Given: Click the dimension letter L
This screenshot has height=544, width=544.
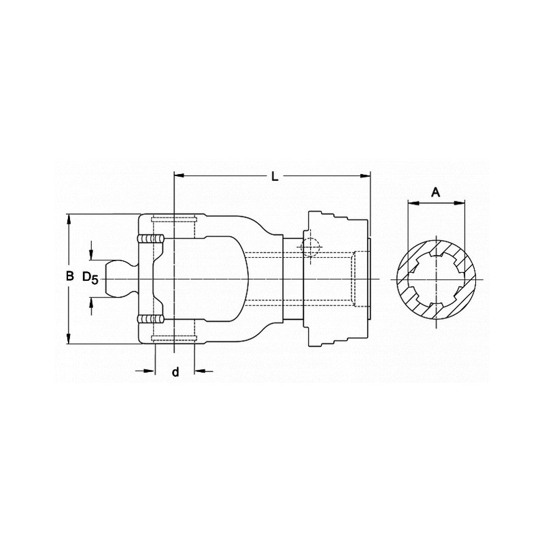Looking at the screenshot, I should [274, 177].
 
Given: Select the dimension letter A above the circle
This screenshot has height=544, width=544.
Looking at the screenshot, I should [436, 192].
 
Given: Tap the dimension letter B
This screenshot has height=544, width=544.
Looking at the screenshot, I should [69, 277].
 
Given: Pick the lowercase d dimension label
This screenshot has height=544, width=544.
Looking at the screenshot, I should [175, 372].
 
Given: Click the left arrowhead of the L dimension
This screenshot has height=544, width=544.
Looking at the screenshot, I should [179, 175].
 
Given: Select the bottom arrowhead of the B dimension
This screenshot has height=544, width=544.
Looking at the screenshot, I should [69, 340].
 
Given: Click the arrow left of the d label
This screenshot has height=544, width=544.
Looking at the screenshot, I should [150, 371].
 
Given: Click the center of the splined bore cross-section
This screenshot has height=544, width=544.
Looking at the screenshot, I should [437, 279].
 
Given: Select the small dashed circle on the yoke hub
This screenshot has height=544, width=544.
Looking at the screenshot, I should [309, 247].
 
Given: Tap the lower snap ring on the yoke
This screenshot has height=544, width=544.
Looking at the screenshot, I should [151, 318].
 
